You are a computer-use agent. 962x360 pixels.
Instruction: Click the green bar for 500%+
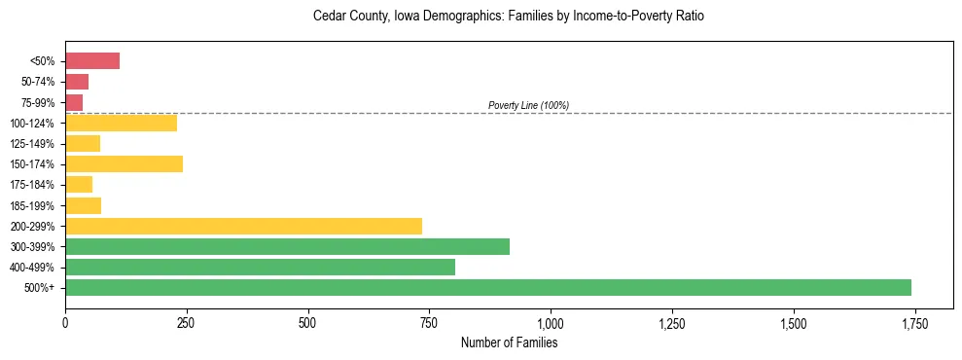pos(488,287)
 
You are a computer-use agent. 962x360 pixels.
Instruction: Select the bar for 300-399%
pos(287,246)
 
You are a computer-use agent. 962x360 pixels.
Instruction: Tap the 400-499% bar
pos(260,267)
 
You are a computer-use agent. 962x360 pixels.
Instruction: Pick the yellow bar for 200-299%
pos(243,226)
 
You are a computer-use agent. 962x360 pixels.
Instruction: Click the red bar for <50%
pos(92,61)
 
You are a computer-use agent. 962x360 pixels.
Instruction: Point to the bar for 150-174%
pos(124,164)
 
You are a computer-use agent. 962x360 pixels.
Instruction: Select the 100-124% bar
pos(121,123)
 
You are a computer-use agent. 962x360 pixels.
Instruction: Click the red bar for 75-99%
pos(74,102)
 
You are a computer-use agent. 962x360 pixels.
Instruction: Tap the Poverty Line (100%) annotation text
pos(528,105)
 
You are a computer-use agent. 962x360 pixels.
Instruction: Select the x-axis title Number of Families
pos(509,342)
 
